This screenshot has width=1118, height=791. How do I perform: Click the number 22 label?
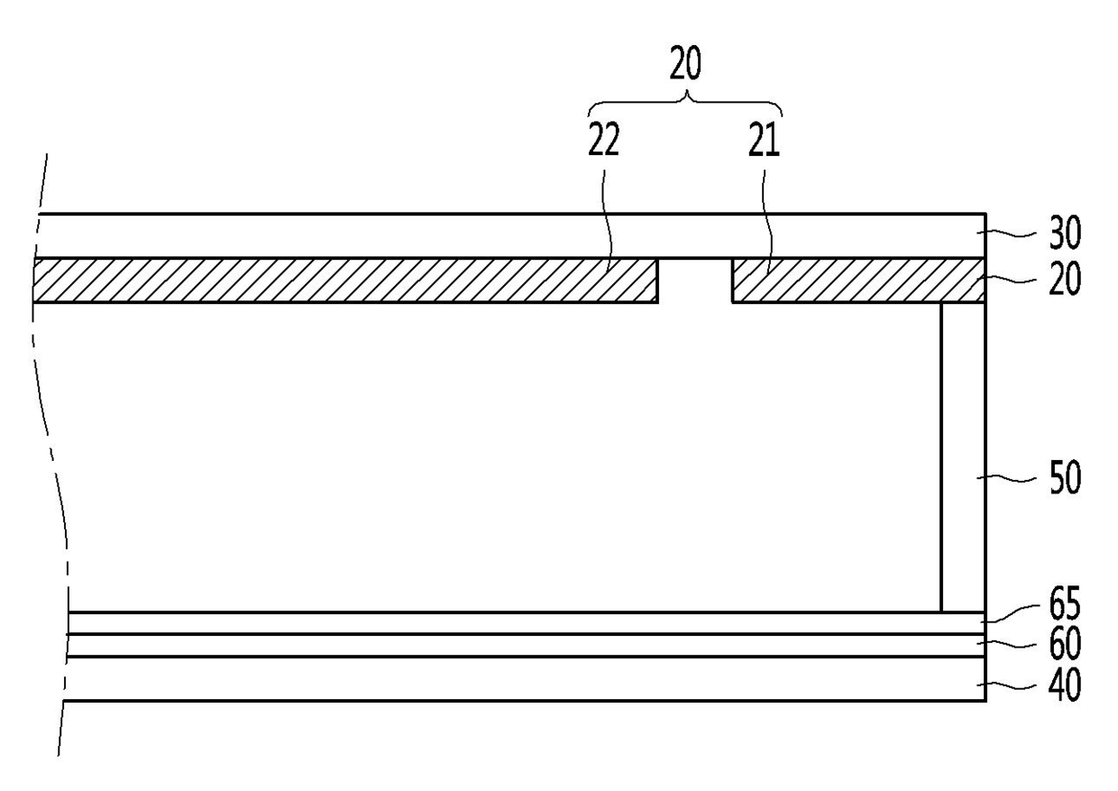604,142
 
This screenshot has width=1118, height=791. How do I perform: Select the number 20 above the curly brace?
685,66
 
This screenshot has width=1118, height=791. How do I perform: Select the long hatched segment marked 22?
343,280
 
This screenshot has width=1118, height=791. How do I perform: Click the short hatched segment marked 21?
857,280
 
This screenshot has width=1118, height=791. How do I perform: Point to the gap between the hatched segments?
694,280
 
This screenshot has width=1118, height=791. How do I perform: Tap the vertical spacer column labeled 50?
963,455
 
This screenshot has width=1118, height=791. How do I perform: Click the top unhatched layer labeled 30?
505,235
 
